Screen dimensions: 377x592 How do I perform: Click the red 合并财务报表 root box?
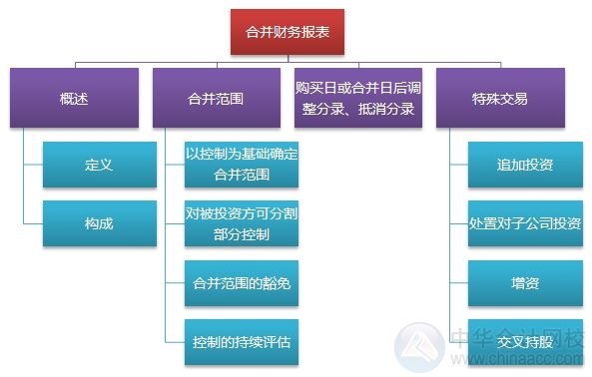(x=295, y=31)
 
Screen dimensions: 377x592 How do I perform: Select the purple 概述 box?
(x=73, y=98)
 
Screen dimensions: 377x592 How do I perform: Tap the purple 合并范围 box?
(x=217, y=98)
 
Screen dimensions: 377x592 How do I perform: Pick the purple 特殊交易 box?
(x=499, y=98)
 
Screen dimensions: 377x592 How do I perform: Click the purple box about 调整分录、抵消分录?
(x=358, y=98)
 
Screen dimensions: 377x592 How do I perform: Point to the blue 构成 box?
(x=99, y=222)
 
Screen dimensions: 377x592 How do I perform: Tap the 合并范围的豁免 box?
(x=242, y=283)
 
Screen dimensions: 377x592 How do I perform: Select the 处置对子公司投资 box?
(x=525, y=222)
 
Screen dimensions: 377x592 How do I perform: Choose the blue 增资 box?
(x=525, y=283)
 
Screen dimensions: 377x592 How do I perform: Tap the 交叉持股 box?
(x=525, y=341)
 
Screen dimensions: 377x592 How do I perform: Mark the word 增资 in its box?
(x=525, y=283)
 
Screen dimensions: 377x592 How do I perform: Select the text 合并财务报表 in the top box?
(x=295, y=31)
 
